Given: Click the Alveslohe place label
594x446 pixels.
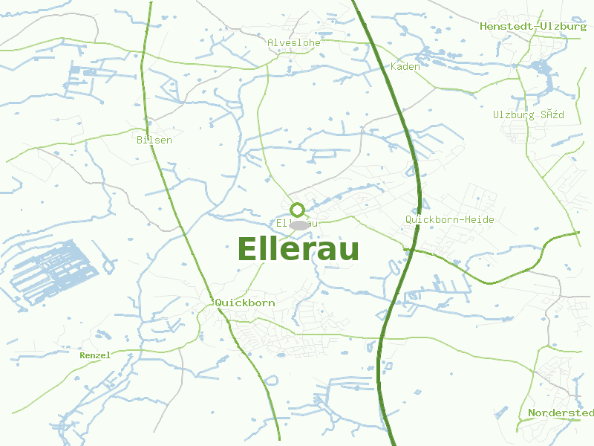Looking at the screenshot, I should point(294,43).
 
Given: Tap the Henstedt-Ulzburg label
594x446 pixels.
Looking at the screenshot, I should point(533,26).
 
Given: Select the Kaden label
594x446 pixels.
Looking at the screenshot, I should point(405,67).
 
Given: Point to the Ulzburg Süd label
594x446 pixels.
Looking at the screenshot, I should point(529,115).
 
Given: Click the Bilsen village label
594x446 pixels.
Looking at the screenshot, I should point(154,140).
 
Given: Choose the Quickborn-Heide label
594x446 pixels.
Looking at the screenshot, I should point(449,220).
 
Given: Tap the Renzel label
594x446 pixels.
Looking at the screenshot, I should point(95,355).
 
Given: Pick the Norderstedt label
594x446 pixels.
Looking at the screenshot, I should point(561,413).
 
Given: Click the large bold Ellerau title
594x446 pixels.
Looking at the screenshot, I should point(298,249).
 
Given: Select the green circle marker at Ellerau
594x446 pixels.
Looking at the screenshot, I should point(297,210).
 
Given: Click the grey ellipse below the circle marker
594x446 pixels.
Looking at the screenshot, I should point(298,225).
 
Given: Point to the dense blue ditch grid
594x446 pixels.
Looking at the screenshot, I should point(52,271).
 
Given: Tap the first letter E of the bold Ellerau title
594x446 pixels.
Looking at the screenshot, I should point(248,249).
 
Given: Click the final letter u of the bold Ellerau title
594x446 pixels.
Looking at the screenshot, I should point(349,251).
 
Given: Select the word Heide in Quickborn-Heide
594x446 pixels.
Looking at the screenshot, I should point(479,220).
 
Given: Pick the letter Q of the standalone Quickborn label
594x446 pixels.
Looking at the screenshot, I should point(218,303).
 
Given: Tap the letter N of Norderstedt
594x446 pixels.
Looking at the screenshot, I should point(532,413).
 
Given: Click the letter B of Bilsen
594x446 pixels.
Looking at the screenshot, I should point(140,140).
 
